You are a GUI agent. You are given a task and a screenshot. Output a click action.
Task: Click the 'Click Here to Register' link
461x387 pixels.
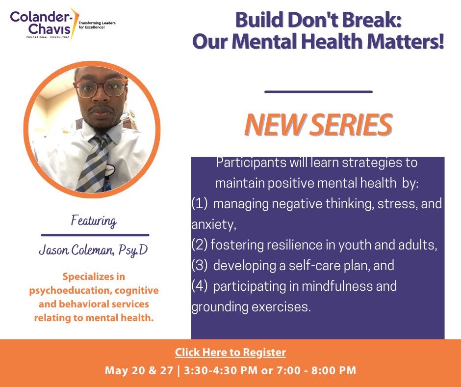[230, 353]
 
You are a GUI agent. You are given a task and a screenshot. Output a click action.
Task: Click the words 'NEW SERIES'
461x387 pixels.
[318, 125]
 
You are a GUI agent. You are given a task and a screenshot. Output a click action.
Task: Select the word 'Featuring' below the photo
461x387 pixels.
[94, 221]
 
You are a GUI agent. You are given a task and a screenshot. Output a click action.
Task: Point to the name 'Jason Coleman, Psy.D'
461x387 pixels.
[93, 250]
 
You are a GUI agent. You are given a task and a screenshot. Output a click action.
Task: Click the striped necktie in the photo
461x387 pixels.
[94, 163]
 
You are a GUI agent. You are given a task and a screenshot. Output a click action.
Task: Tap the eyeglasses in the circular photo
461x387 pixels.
[101, 88]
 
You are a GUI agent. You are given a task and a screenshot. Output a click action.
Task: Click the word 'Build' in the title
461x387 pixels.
[260, 20]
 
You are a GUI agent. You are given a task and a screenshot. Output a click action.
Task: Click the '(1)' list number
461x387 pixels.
[200, 203]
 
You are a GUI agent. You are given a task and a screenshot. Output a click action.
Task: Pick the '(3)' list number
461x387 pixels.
[200, 266]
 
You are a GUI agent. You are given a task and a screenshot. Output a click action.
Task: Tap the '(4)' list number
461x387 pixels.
[200, 286]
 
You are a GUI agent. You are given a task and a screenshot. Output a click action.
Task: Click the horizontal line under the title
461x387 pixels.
[318, 91]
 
